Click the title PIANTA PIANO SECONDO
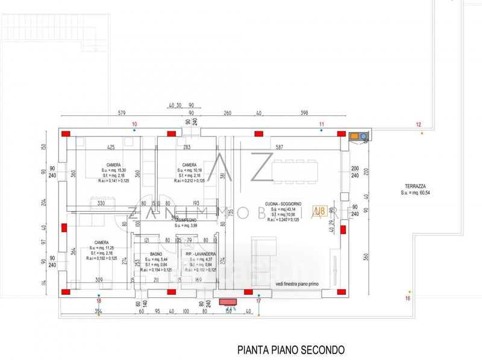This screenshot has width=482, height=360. tap(291, 349)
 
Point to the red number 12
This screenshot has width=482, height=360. tap(419, 124)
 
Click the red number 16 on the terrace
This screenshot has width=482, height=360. tap(407, 298)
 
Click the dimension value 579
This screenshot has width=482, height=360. tap(121, 113)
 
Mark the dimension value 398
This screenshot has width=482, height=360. tap(304, 113)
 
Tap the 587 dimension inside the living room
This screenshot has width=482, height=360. tap(278, 147)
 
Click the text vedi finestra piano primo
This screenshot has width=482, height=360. tap(298, 283)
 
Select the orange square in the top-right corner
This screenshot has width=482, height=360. tap(354, 136)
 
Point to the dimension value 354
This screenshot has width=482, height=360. tap(97, 311)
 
